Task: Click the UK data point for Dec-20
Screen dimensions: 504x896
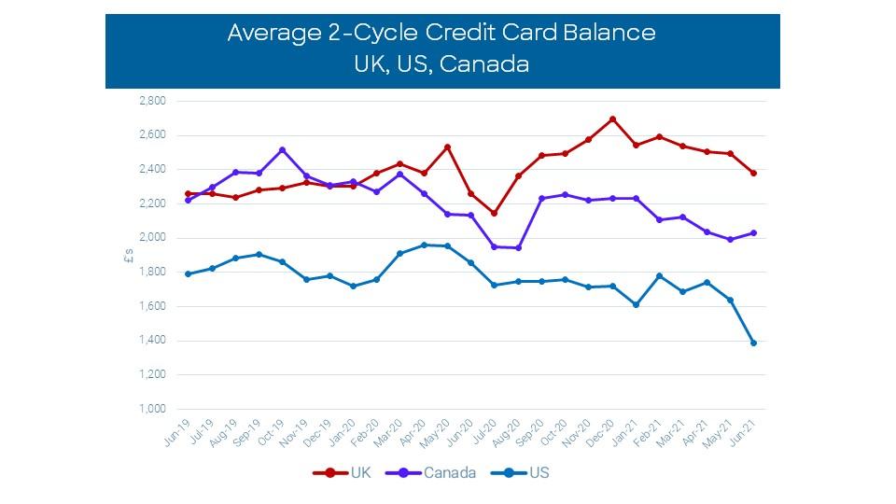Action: coord(612,119)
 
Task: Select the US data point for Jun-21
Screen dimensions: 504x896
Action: coord(753,343)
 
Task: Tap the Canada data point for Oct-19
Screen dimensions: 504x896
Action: coord(282,150)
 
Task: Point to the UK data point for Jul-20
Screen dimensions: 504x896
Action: coord(494,213)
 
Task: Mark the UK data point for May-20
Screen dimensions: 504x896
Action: coord(447,147)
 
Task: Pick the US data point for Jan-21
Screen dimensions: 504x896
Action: coord(636,304)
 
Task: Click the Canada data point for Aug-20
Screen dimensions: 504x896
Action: coord(518,248)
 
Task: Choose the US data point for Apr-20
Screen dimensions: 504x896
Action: coord(424,245)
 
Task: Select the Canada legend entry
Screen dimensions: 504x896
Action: coord(441,473)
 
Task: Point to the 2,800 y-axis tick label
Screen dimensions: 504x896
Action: coord(152,101)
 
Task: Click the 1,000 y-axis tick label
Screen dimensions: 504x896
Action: coord(152,410)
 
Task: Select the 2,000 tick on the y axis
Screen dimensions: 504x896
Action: coord(152,238)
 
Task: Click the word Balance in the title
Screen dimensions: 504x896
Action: coord(609,33)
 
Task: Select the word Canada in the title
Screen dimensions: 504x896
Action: coord(484,64)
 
